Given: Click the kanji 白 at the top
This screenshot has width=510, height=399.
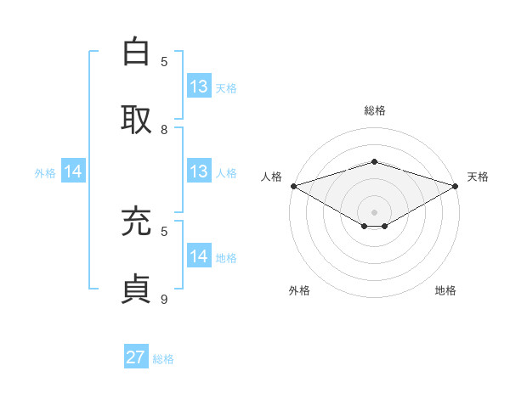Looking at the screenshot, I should [137, 52].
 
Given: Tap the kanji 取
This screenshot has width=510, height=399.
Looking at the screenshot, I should [137, 120].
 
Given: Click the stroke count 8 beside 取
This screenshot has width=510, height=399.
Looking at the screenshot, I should [164, 130].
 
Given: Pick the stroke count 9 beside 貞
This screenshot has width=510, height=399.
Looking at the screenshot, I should [164, 300].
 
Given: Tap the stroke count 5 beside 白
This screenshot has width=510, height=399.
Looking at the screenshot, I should [164, 61].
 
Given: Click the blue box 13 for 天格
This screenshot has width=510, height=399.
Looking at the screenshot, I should [199, 87].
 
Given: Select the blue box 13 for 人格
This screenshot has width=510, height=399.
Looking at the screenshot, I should [199, 171].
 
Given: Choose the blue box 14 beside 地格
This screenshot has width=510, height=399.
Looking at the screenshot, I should [199, 256].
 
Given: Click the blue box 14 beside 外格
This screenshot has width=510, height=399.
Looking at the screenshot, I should [73, 171].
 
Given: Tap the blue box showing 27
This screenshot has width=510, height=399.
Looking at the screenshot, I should [136, 357].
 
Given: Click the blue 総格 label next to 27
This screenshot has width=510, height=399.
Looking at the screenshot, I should [164, 359].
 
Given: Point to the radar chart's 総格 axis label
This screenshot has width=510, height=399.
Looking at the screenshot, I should [374, 110].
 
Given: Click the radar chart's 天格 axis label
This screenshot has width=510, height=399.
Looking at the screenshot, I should [479, 177].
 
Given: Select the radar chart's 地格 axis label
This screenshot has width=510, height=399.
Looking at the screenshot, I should [445, 290].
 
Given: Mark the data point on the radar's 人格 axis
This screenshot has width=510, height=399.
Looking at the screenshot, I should [293, 185].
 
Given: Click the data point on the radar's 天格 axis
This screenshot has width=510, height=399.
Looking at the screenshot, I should [456, 185].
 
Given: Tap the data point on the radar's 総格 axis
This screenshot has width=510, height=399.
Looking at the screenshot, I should [374, 162].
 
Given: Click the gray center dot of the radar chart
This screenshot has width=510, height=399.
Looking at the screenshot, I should [374, 211].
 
